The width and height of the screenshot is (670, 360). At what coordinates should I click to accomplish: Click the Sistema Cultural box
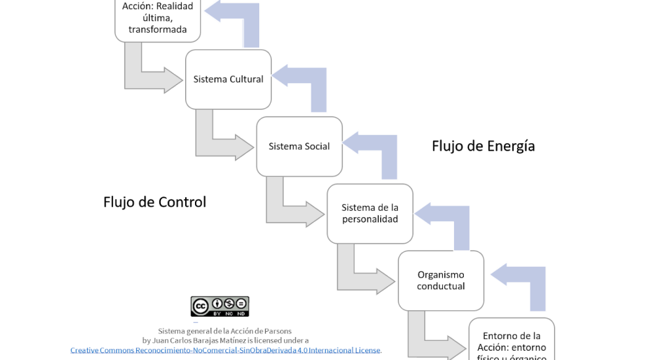[x=228, y=79]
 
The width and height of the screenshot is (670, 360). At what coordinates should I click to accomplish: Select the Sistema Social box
[x=299, y=146]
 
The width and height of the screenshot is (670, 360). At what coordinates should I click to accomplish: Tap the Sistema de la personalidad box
[x=370, y=213]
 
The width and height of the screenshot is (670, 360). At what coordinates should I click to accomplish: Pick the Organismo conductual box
[x=441, y=280]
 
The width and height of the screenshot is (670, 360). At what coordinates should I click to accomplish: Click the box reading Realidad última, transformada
[x=158, y=18]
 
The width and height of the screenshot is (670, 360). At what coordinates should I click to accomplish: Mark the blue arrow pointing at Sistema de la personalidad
[x=449, y=216]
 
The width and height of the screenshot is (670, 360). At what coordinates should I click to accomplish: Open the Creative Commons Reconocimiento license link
[x=226, y=350]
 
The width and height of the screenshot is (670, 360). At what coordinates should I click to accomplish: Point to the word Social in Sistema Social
[x=317, y=146]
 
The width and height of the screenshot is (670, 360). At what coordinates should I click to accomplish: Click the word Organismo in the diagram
[x=441, y=274]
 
